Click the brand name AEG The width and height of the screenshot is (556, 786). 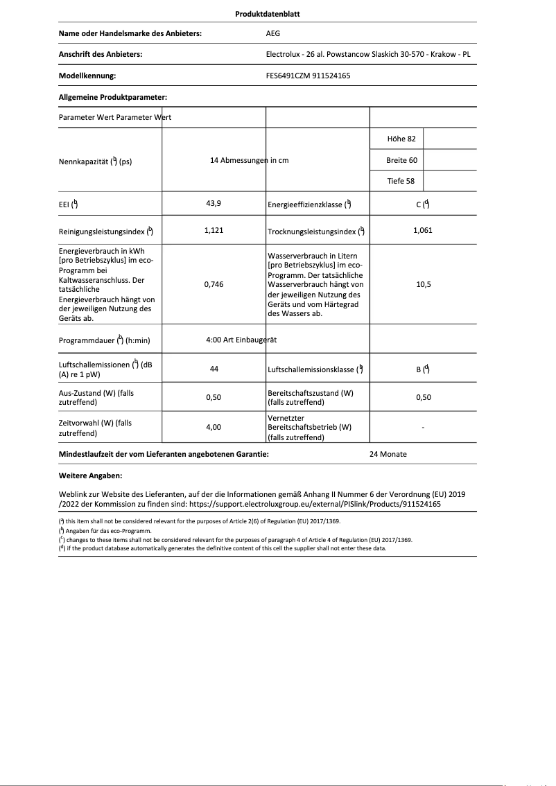274,33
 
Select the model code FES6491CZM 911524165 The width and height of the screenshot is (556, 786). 308,76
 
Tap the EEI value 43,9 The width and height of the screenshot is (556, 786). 214,204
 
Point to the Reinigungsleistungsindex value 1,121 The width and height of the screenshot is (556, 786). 214,230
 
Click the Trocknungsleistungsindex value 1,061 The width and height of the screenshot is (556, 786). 422,230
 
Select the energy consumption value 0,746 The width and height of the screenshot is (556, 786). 214,284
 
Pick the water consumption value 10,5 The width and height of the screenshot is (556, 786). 422,284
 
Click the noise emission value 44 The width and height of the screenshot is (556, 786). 214,369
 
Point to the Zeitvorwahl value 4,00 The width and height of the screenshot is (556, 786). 214,428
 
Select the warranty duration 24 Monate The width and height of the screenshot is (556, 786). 388,454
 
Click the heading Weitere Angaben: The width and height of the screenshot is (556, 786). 91,476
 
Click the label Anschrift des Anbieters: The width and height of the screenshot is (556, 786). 101,54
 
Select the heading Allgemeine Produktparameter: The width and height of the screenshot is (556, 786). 113,98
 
